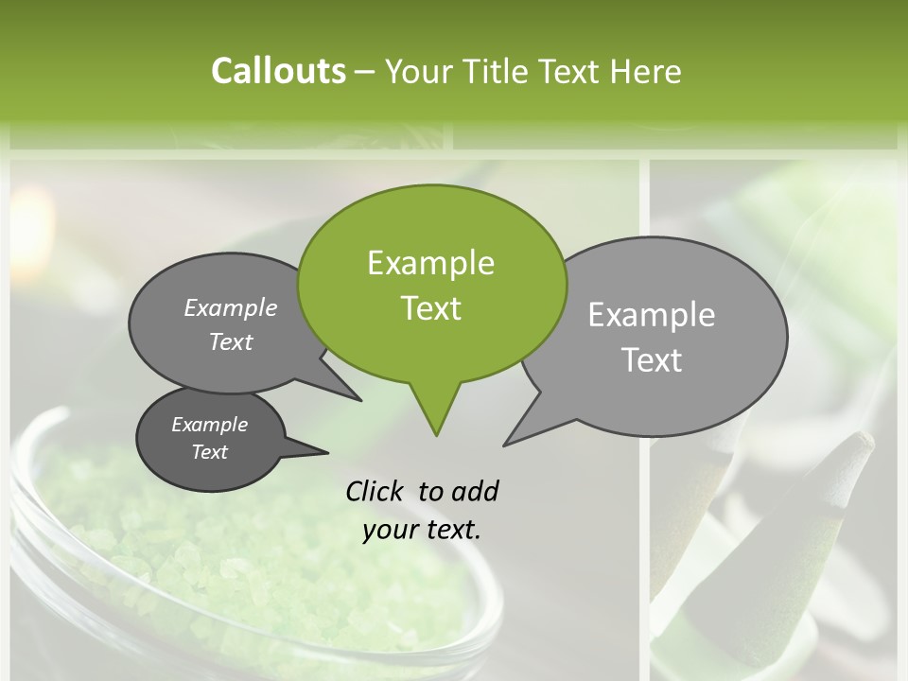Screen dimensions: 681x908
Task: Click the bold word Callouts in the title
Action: point(278,71)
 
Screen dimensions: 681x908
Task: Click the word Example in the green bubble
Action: point(430,263)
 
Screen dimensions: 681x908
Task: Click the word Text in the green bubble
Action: point(430,308)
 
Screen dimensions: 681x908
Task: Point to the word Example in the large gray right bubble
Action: point(652,314)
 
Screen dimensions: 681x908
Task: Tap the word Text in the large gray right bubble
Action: point(652,360)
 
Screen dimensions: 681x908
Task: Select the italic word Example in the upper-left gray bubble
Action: point(231,308)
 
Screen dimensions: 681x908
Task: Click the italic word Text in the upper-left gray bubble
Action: point(231,341)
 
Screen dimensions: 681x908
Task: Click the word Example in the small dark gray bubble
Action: point(210,425)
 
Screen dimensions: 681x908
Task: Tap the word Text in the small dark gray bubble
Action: point(210,452)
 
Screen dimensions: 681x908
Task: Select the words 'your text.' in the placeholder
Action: point(422,530)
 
